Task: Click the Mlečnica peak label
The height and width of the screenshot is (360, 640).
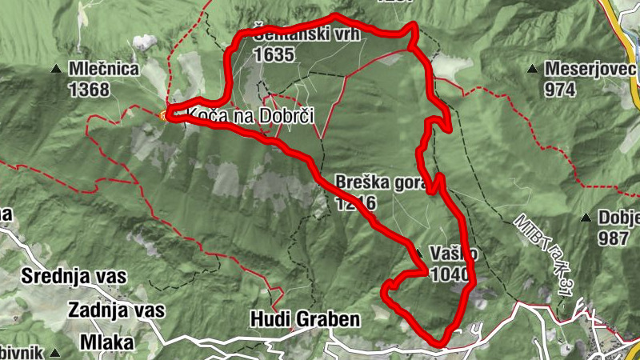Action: coord(104,70)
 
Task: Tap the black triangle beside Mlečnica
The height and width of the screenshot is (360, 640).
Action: coord(56,70)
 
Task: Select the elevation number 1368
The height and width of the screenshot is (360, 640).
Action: coord(89,90)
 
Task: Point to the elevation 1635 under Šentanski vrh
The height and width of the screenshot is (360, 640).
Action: coord(274,55)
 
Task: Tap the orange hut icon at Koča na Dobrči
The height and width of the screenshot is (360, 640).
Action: coord(166,116)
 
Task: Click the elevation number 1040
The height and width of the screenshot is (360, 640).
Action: coord(448,274)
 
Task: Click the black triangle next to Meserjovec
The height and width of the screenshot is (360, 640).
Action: coord(534,70)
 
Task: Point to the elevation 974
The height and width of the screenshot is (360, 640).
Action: coord(561,90)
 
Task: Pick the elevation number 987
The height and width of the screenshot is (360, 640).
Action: coord(616,238)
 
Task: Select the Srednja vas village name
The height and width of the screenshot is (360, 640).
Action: coord(74,278)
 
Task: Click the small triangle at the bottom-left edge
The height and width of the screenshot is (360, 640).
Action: coord(54,351)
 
